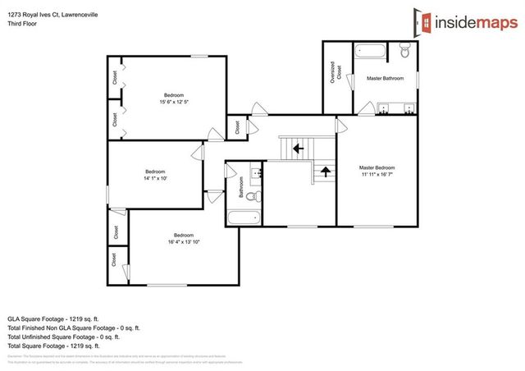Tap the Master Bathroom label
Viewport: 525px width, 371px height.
point(386,79)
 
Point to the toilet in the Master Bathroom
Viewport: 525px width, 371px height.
point(404,53)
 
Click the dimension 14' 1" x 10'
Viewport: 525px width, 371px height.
point(155,177)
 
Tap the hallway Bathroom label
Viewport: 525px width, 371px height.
point(242,190)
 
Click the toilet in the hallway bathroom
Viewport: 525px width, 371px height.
point(252,197)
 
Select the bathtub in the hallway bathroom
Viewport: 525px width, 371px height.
point(243,218)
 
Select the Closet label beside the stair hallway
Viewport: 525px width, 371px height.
point(237,128)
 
